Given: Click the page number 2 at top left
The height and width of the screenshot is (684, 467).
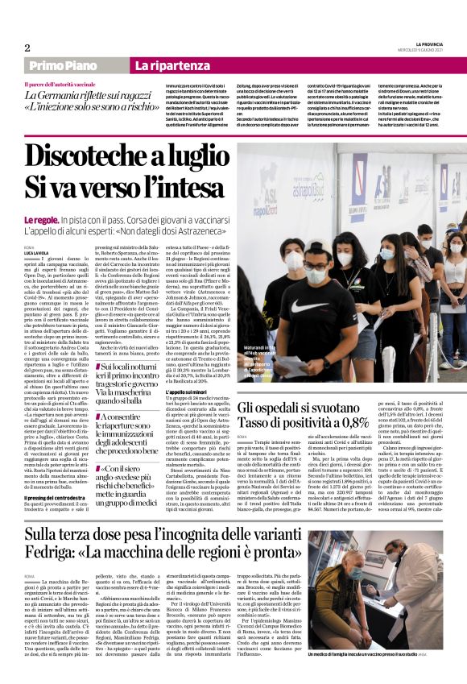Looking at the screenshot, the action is point(27,48).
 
